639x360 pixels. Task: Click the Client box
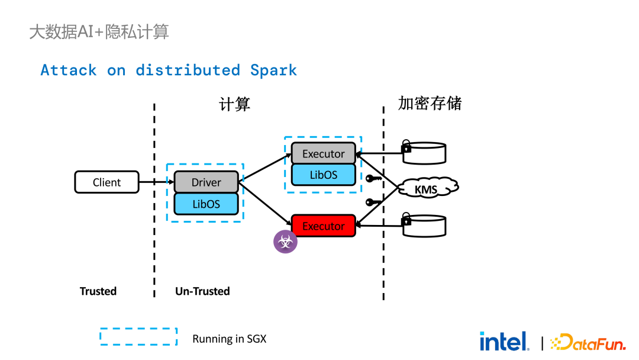pyautogui.click(x=106, y=182)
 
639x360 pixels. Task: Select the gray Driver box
pyautogui.click(x=206, y=182)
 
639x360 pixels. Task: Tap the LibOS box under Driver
pyautogui.click(x=206, y=204)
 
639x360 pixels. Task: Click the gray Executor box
pyautogui.click(x=323, y=153)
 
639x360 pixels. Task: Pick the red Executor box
pyautogui.click(x=323, y=226)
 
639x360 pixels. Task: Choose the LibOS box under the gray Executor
pyautogui.click(x=323, y=175)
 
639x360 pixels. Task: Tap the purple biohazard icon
pyautogui.click(x=285, y=242)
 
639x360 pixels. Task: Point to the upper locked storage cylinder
pyautogui.click(x=424, y=152)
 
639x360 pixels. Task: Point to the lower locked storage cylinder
pyautogui.click(x=424, y=226)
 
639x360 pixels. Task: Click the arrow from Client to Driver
pyautogui.click(x=156, y=182)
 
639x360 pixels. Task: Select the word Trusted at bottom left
pyautogui.click(x=98, y=291)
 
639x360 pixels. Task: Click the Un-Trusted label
pyautogui.click(x=202, y=291)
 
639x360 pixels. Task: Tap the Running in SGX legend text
pyautogui.click(x=230, y=339)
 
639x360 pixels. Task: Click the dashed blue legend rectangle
pyautogui.click(x=138, y=337)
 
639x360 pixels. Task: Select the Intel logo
pyautogui.click(x=504, y=341)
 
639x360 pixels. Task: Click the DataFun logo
pyautogui.click(x=588, y=342)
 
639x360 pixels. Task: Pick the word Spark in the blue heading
pyautogui.click(x=273, y=70)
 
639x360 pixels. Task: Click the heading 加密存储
pyautogui.click(x=430, y=103)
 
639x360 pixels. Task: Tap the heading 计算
pyautogui.click(x=235, y=104)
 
